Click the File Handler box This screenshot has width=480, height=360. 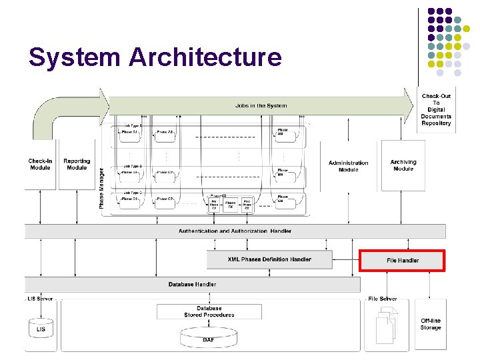[x=402, y=260]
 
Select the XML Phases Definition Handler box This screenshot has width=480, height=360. [x=269, y=259]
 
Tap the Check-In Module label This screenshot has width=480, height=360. [x=40, y=164]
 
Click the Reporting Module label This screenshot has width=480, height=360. [x=77, y=164]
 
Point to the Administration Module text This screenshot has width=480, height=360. [x=348, y=166]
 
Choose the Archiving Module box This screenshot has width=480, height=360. [x=403, y=165]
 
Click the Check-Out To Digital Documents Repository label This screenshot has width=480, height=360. [x=436, y=110]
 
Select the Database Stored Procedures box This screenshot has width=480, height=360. [x=209, y=311]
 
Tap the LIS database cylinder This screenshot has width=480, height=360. [x=41, y=328]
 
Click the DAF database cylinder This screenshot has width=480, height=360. [x=209, y=338]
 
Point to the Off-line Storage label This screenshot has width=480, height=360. [x=431, y=324]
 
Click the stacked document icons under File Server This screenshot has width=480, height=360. [x=386, y=327]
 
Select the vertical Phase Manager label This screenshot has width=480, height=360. [x=102, y=188]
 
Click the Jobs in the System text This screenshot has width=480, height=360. [x=261, y=105]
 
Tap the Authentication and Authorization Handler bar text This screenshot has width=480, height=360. [x=235, y=231]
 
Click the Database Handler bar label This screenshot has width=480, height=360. [x=192, y=284]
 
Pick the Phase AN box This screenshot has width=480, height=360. [x=283, y=132]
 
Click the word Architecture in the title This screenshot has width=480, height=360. [x=205, y=57]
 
